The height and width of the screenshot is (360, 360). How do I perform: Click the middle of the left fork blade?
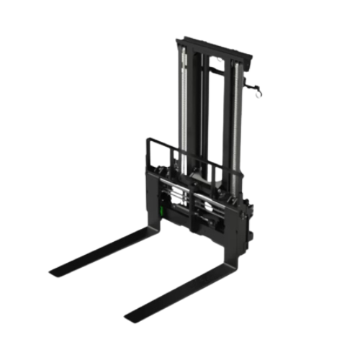[101, 248]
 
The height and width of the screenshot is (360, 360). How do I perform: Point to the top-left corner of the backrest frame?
[148, 138]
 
